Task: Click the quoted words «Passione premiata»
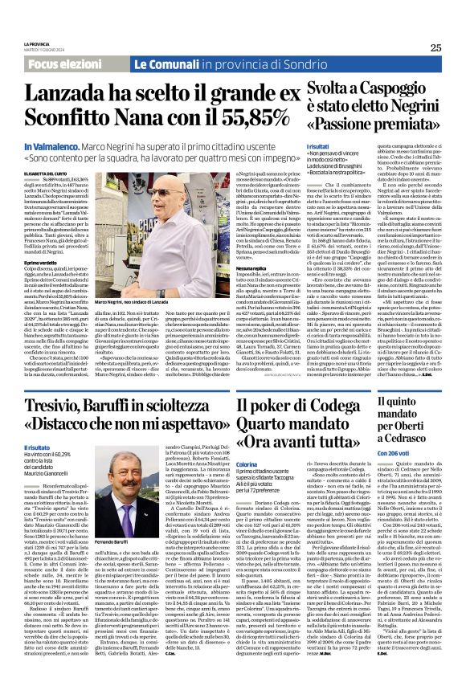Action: pos(376,125)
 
